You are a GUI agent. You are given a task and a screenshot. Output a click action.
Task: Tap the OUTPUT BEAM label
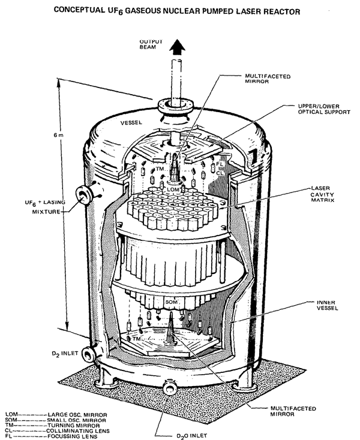(151, 44)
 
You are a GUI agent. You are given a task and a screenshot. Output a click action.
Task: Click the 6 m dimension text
(59, 135)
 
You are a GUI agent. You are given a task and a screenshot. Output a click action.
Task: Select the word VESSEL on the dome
(131, 123)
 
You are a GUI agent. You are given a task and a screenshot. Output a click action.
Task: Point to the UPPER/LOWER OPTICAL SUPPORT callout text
(324, 109)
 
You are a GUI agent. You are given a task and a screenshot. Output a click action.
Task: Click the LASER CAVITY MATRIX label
(322, 194)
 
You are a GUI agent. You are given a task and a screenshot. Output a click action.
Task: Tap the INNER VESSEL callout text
(327, 305)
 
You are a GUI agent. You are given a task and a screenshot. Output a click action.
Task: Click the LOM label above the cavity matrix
(173, 189)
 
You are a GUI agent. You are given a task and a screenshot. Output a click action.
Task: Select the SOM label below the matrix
(171, 302)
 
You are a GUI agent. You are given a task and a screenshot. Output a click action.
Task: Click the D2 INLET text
(65, 354)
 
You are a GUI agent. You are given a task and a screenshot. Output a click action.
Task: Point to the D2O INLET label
(192, 436)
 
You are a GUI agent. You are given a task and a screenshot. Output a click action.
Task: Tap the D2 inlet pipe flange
(88, 354)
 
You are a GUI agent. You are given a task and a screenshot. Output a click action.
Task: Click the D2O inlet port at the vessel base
(169, 387)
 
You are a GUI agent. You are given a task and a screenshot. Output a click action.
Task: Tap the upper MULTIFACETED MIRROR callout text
(268, 79)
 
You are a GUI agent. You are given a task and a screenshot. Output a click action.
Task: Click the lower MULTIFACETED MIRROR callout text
(293, 411)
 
